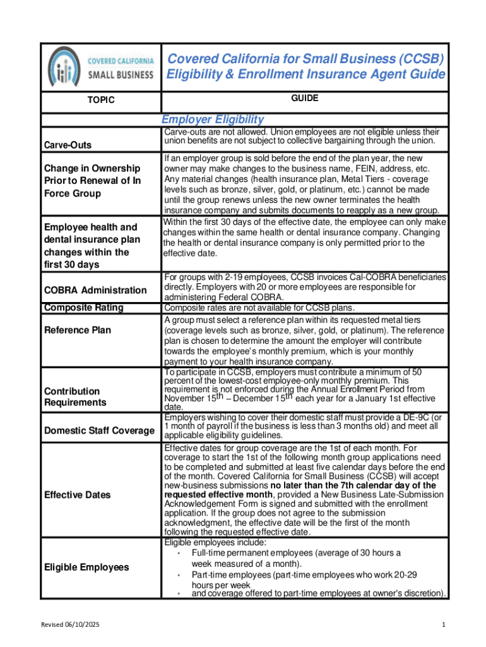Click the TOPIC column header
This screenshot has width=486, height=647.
101,100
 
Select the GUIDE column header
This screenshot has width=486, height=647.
305,99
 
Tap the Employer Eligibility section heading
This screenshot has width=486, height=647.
213,120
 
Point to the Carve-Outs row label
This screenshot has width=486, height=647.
68,145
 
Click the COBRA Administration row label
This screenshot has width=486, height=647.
95,290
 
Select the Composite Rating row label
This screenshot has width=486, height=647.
83,308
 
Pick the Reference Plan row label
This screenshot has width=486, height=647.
77,330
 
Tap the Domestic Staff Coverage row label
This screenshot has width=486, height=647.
100,430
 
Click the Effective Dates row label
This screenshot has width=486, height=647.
77,495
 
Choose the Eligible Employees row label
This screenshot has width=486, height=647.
86,567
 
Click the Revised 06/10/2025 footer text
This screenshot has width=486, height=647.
71,625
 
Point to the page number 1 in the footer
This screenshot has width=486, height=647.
444,625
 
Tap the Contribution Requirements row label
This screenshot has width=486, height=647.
75,397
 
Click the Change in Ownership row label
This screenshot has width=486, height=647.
92,181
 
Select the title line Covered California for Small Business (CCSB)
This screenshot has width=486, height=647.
305,59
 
